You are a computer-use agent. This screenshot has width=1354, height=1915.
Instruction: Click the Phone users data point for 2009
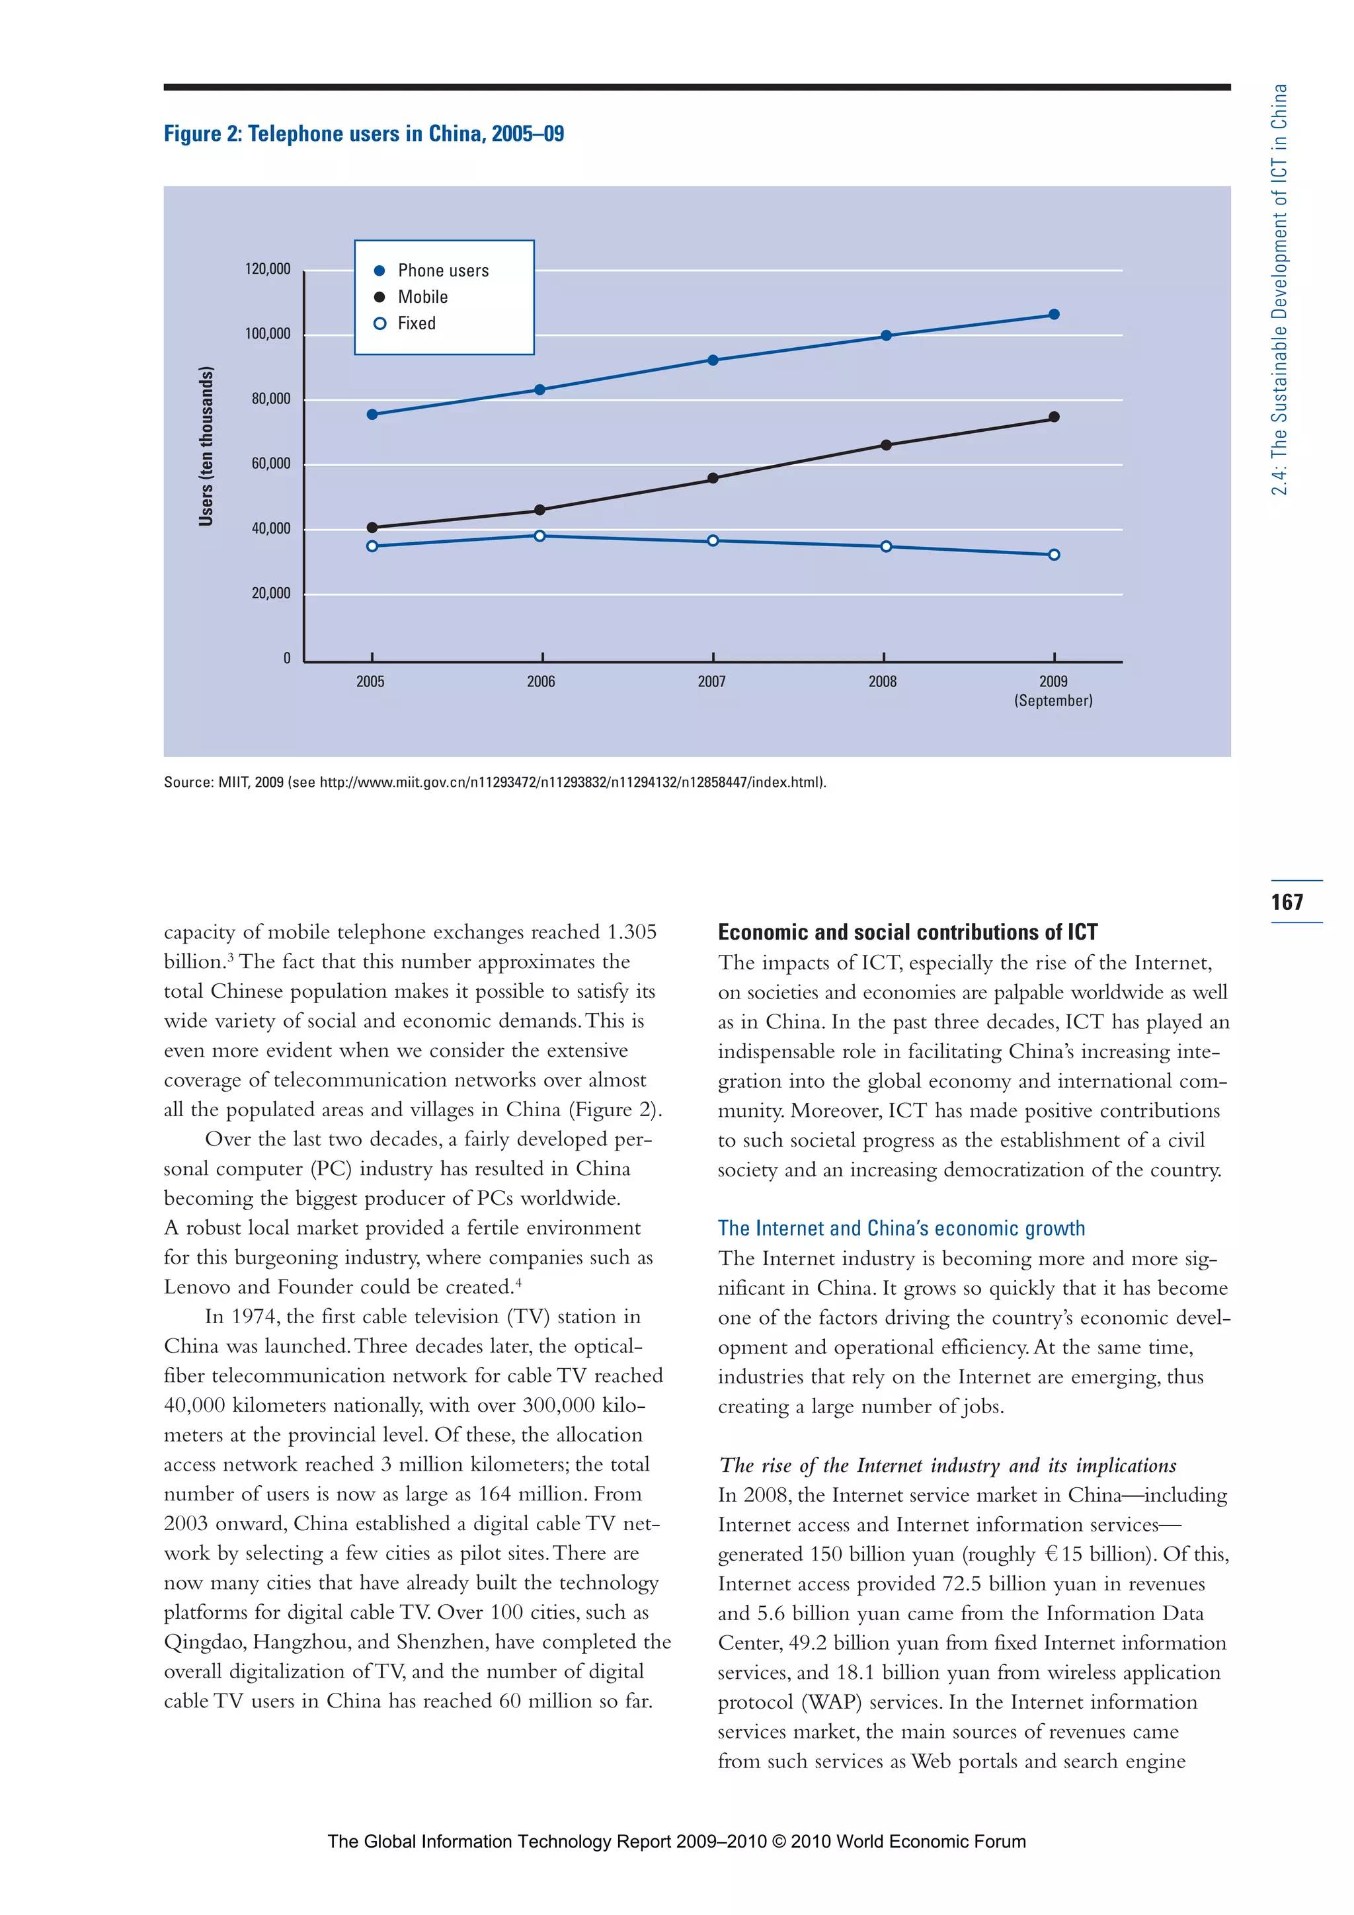pos(1054,315)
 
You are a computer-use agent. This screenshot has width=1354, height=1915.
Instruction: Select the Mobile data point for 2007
pos(713,478)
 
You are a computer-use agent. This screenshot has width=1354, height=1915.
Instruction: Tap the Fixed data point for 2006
pos(539,536)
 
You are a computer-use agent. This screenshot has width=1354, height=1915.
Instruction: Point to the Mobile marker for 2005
pos(372,527)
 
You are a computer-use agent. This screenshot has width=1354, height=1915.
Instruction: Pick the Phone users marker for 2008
pos(885,335)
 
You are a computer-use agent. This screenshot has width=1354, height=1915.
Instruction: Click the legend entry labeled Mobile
pos(422,297)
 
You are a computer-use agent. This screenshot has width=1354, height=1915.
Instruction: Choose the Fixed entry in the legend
pos(416,323)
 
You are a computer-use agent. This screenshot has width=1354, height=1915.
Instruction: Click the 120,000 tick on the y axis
pos(268,268)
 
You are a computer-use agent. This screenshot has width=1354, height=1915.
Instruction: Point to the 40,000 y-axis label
pos(271,529)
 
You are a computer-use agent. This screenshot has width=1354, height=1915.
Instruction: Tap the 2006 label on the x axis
pos(540,682)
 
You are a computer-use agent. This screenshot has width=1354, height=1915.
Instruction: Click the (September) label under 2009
pos(1053,701)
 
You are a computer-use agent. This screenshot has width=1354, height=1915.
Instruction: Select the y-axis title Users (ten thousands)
pos(206,446)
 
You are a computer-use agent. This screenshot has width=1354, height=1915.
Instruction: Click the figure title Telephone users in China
pos(364,134)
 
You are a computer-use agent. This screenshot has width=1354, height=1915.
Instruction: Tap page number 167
pos(1287,901)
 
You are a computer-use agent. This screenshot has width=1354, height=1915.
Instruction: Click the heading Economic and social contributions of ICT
pos(907,932)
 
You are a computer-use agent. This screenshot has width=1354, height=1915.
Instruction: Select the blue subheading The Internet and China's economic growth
pos(900,1228)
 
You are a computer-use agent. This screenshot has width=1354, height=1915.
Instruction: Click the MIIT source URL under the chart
pos(572,782)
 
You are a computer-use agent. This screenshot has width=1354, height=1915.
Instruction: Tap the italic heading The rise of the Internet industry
pos(947,1465)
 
